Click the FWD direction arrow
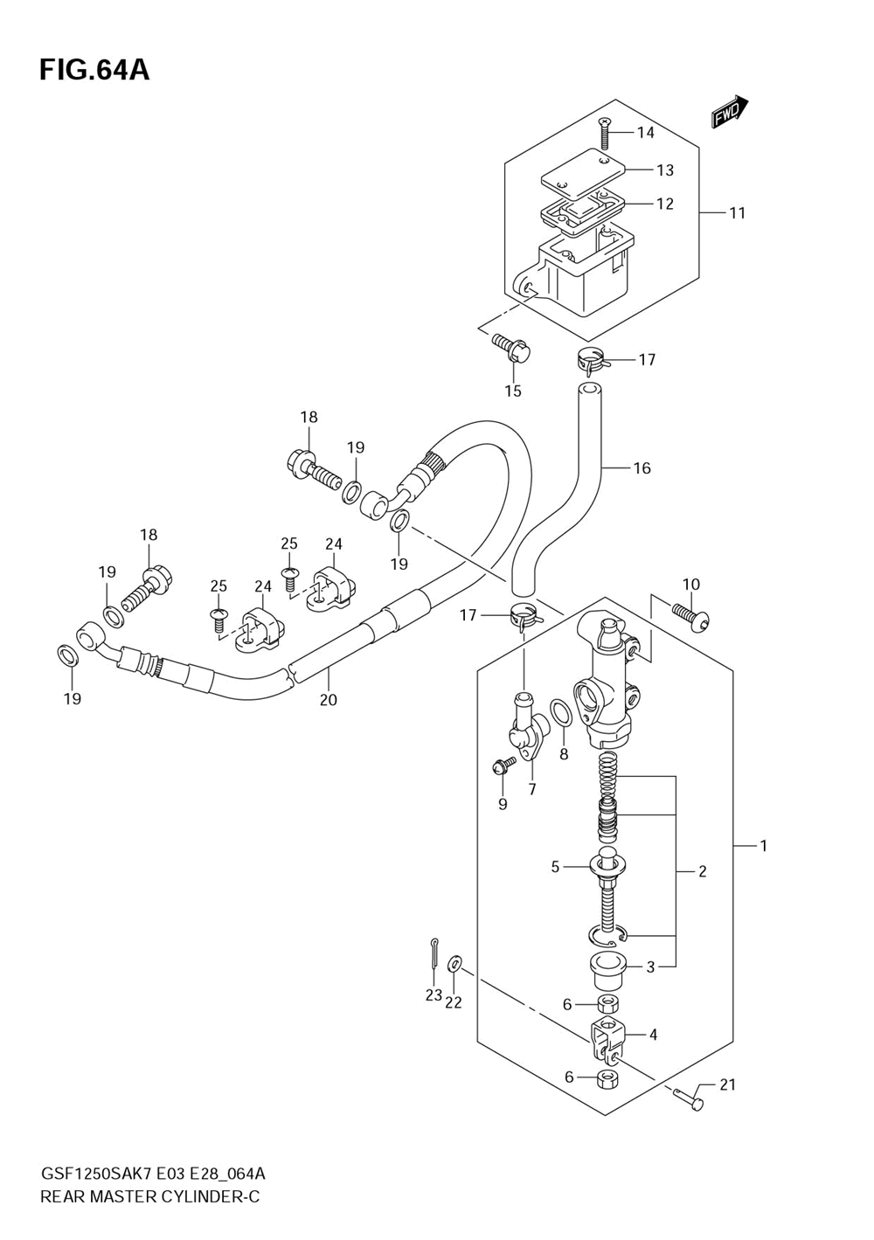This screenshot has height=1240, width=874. [x=730, y=112]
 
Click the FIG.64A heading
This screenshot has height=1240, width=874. [x=94, y=71]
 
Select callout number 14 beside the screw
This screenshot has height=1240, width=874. [x=645, y=133]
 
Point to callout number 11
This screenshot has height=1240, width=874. [x=737, y=213]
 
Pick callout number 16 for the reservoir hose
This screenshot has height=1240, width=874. [x=642, y=468]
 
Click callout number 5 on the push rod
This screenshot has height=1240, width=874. [x=555, y=883]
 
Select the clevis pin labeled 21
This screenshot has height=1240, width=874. [x=689, y=1106]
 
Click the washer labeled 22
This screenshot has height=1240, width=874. [x=454, y=964]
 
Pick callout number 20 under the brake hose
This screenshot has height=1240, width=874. [x=329, y=700]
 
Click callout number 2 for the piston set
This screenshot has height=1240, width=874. [x=703, y=887]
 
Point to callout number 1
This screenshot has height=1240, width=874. [x=763, y=846]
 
